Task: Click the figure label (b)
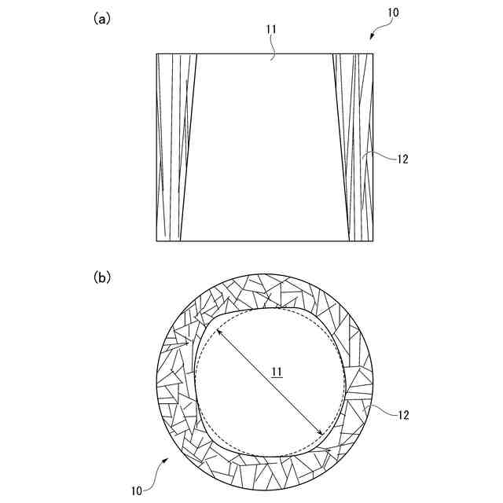pyautogui.click(x=101, y=277)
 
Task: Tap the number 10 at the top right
pyautogui.click(x=392, y=13)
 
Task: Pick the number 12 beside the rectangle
pyautogui.click(x=402, y=159)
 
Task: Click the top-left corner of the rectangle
pyautogui.click(x=156, y=53)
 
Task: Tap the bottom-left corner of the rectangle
pyautogui.click(x=156, y=240)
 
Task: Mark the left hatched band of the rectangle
pyautogui.click(x=174, y=147)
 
